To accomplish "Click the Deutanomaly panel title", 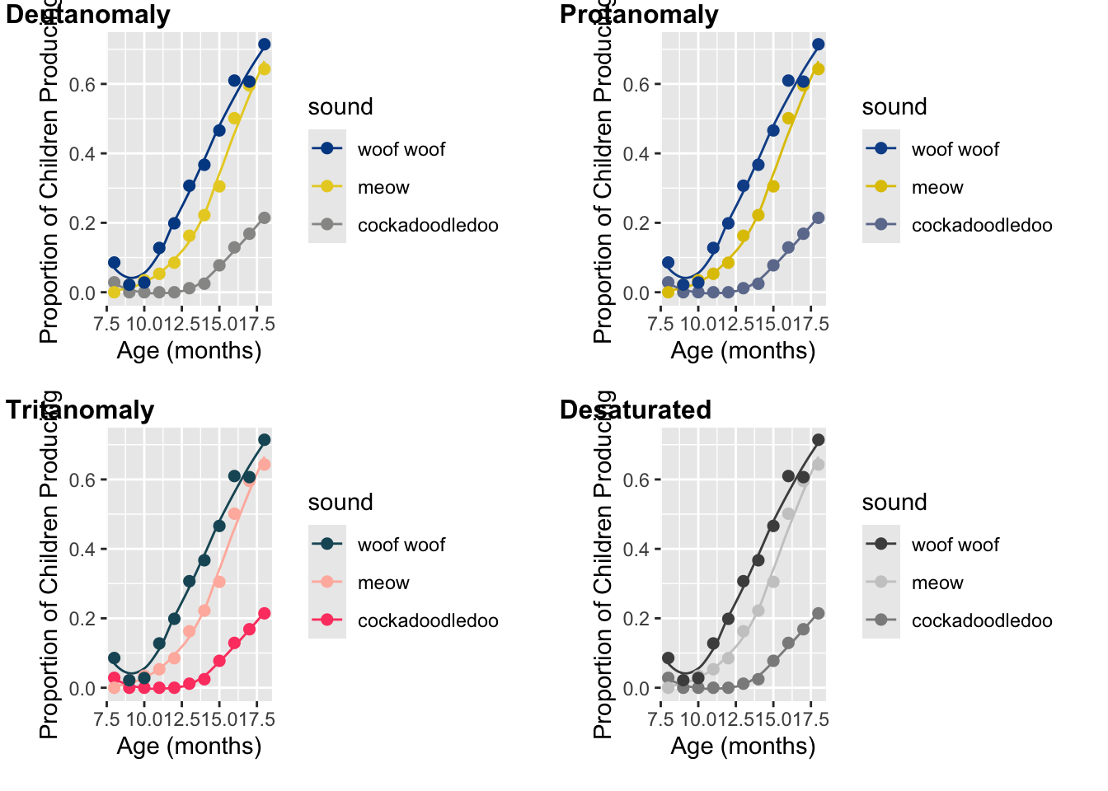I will coord(88,15).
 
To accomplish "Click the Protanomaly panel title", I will coord(639,15).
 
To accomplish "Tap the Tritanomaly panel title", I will coord(80,410).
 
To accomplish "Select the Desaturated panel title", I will coord(635,410).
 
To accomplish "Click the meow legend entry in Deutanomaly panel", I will coord(383,187).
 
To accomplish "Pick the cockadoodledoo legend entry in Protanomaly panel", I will coord(981,225).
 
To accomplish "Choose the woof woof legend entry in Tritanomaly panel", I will coord(401,545).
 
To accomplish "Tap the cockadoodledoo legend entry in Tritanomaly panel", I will coord(427,620).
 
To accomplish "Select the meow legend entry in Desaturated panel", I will coord(937,583).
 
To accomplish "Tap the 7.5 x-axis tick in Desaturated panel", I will coord(661,719).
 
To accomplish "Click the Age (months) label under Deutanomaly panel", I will coord(189,351).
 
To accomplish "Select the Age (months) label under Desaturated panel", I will coord(743,747).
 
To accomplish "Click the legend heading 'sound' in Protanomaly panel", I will coord(894,107).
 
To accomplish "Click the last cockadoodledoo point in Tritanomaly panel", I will coord(264,614).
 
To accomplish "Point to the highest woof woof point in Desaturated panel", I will coord(818,440).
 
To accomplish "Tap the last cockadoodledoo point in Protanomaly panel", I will coord(818,218).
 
